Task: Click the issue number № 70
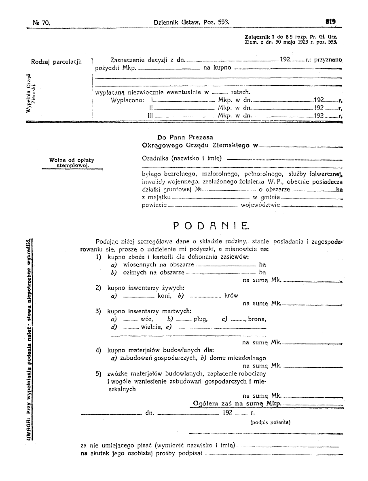[x=40, y=22]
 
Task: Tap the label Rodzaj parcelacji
[x=57, y=62]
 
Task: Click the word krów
[x=231, y=296]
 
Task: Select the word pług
[x=201, y=319]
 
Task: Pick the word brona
[x=257, y=319]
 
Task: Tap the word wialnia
[x=150, y=327]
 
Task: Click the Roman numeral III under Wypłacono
[x=150, y=116]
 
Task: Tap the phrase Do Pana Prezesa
[x=185, y=137]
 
